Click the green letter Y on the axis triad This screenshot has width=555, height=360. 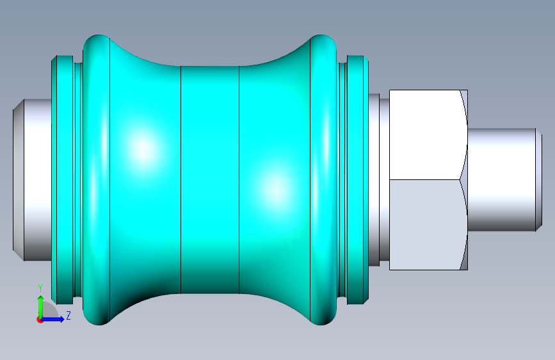tap(40, 288)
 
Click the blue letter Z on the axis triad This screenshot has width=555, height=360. tap(68, 315)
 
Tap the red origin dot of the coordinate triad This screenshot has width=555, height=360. tap(40, 320)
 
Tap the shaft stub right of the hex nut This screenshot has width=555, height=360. tap(501, 179)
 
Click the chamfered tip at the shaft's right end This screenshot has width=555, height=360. tap(539, 179)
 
